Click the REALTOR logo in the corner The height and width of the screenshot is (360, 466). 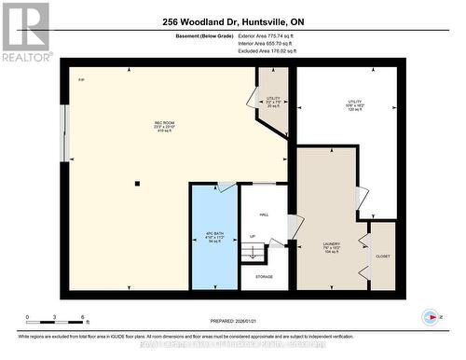click(25, 32)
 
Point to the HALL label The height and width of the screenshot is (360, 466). click(264, 215)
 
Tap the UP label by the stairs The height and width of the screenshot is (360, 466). click(252, 237)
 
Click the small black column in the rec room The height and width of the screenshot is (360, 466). click(136, 183)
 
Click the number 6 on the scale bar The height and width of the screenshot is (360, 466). click(83, 318)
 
